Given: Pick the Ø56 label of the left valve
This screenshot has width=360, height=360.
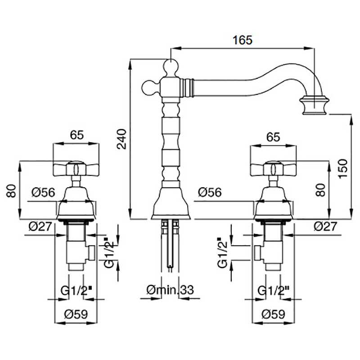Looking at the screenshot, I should click(x=43, y=193).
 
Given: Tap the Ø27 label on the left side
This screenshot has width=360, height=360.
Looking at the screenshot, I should click(x=39, y=227).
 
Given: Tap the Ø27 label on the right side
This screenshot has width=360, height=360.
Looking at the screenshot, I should click(x=324, y=227).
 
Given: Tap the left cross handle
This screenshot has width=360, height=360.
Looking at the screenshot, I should click(x=76, y=170).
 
